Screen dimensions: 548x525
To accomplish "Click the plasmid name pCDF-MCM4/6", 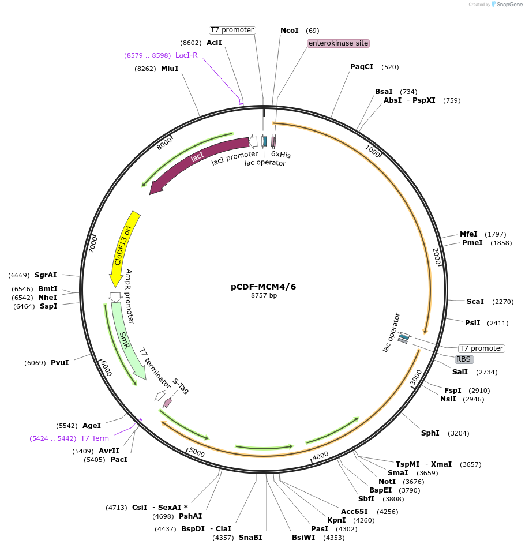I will [x=264, y=287].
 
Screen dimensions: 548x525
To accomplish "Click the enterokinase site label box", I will [x=338, y=43].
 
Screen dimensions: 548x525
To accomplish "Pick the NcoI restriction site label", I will [x=290, y=31].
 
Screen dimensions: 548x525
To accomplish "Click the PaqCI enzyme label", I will [x=362, y=67].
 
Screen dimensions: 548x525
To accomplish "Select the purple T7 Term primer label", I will [x=95, y=438].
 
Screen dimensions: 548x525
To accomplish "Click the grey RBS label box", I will [x=464, y=359].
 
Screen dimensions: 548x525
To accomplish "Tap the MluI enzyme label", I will [x=170, y=69].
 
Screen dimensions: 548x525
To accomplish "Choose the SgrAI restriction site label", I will [x=46, y=275].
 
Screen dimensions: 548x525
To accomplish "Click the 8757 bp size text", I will [x=264, y=296].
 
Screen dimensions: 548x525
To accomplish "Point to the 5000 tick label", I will [x=197, y=453].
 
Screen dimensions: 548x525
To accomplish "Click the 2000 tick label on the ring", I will [x=437, y=257].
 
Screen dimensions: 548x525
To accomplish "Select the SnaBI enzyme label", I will [x=250, y=538].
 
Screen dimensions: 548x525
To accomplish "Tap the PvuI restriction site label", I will [x=59, y=363].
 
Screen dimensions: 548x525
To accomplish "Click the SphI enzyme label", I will [x=430, y=433].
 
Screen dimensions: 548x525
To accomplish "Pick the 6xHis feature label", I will [x=281, y=155].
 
